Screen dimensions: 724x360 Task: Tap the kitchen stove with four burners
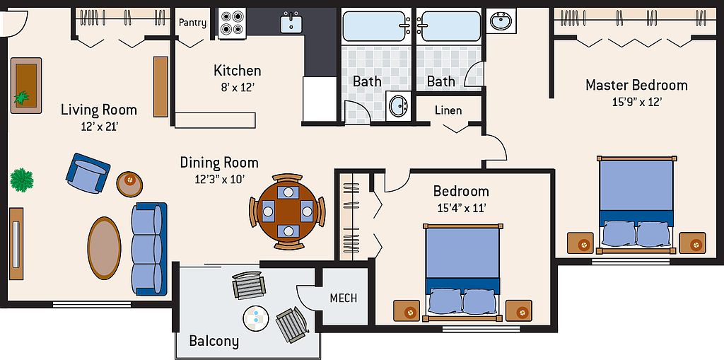click(232, 23)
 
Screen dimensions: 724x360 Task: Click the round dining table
click(287, 211)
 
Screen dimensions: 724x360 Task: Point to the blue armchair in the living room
click(88, 173)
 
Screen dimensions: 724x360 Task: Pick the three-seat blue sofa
click(148, 249)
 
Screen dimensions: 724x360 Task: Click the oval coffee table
click(105, 248)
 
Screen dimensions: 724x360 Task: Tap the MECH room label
click(344, 298)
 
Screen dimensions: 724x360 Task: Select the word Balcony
click(214, 342)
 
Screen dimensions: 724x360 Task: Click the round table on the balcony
click(255, 318)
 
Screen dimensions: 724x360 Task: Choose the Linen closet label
click(448, 110)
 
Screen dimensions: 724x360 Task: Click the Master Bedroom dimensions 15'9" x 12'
click(637, 102)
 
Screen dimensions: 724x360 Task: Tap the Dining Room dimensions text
click(219, 179)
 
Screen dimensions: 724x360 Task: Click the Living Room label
click(99, 110)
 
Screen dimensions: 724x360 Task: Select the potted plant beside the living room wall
click(22, 180)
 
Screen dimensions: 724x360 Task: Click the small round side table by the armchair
click(129, 184)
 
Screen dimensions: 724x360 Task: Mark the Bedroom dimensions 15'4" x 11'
click(461, 208)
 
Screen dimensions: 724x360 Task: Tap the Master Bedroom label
click(636, 85)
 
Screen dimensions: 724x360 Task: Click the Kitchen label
click(238, 71)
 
